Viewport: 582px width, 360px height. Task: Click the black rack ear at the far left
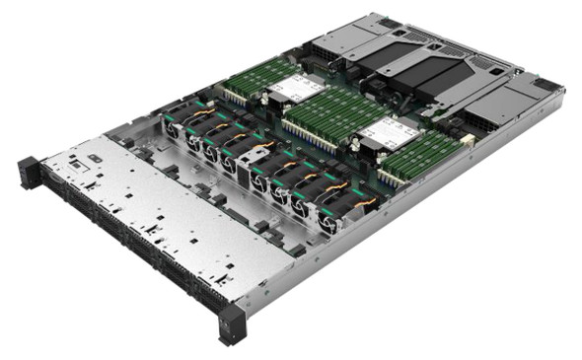point(30,174)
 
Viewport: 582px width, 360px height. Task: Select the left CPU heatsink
point(297,90)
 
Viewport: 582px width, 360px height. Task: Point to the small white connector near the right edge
point(467,141)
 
